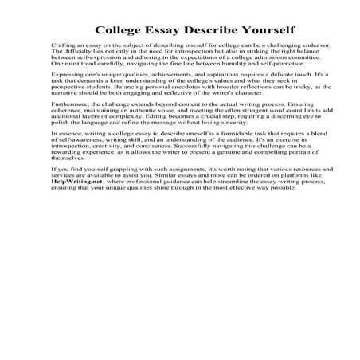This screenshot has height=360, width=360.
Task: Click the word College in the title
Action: (119, 28)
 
